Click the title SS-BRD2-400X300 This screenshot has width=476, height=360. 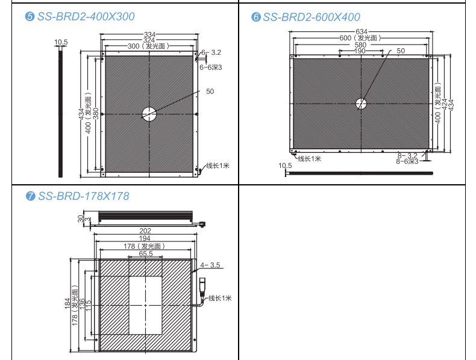click(x=84, y=16)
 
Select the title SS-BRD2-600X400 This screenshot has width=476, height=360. click(x=310, y=17)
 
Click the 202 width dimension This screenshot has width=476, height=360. click(x=145, y=231)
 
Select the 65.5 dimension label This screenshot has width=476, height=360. click(x=145, y=253)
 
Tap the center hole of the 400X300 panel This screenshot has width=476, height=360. click(x=149, y=114)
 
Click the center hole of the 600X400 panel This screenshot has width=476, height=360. click(x=361, y=104)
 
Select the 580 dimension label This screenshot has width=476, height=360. click(x=360, y=45)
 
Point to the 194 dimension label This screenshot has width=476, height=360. click(x=145, y=238)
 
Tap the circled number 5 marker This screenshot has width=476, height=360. click(x=29, y=17)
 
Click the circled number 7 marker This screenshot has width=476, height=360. click(x=30, y=196)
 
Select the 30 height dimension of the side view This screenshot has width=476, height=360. click(x=80, y=219)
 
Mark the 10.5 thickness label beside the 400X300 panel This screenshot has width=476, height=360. click(x=61, y=42)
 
